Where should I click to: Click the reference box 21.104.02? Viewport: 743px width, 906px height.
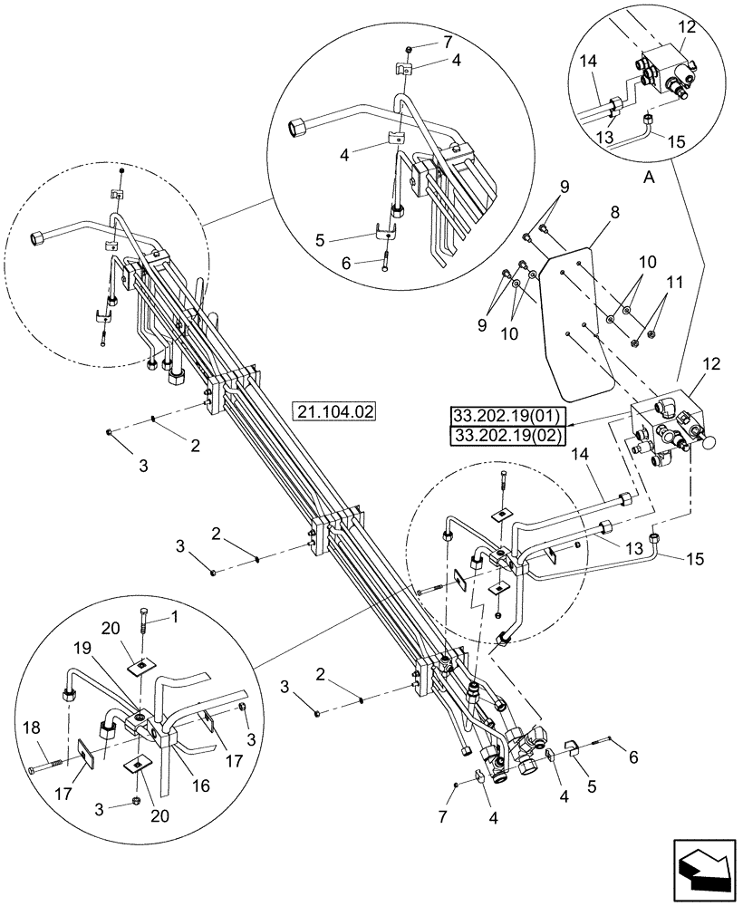click(334, 410)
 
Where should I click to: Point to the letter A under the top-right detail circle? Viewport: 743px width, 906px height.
click(648, 179)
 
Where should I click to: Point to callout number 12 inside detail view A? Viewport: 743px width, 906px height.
click(687, 29)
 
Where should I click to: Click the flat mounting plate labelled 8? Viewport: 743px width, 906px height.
click(575, 317)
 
